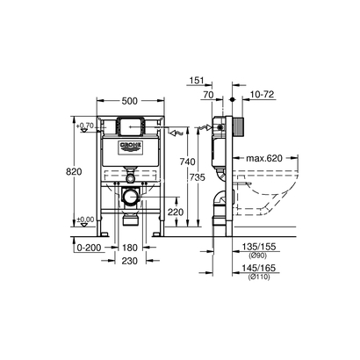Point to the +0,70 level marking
(84, 126)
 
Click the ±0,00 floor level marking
(84, 220)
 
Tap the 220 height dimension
(176, 212)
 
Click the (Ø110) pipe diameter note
(257, 279)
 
